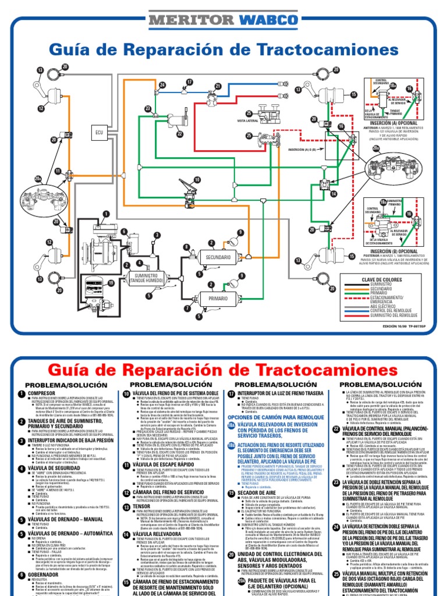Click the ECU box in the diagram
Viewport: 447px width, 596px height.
tap(99, 134)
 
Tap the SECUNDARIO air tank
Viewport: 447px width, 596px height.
tap(217, 257)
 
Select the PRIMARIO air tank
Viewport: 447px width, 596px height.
tap(217, 298)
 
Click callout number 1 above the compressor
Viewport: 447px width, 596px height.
tap(106, 214)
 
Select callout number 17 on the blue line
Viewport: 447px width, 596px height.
tap(189, 82)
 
